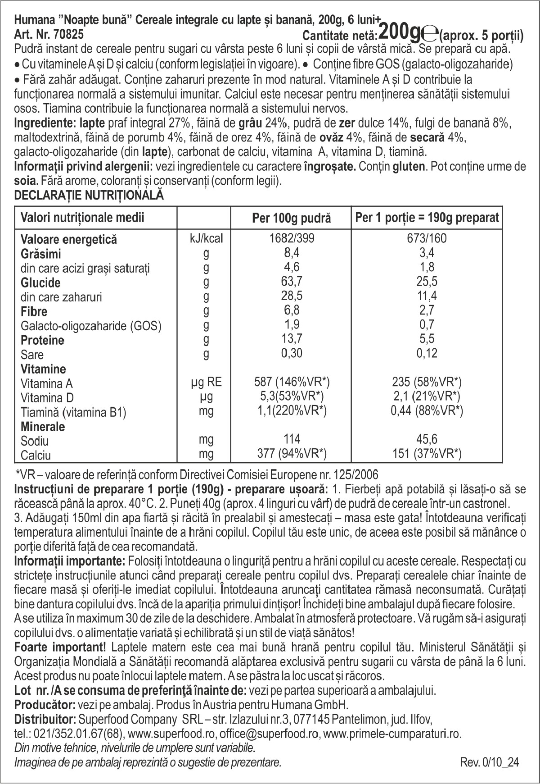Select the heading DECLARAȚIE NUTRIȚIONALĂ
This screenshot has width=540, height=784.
[89, 196]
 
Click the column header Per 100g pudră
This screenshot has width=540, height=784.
[291, 219]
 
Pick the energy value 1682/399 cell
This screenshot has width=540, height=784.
[292, 238]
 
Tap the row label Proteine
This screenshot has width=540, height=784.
[43, 340]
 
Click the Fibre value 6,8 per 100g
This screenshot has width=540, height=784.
[291, 310]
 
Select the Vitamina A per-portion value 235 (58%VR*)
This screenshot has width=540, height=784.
[427, 383]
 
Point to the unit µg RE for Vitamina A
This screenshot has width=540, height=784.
[206, 383]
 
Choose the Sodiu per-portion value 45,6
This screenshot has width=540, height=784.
[427, 439]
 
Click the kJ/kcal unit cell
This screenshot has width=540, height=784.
[206, 238]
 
